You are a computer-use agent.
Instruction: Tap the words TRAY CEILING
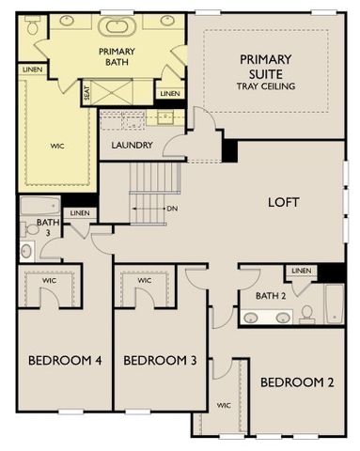pyautogui.click(x=265, y=86)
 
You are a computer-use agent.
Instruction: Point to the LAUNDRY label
pyautogui.click(x=132, y=145)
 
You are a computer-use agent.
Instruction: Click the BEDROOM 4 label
pyautogui.click(x=64, y=360)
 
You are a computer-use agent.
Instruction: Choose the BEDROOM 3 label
pyautogui.click(x=159, y=360)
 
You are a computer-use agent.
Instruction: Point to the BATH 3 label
pyautogui.click(x=43, y=227)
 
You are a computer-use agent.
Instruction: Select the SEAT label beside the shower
pyautogui.click(x=87, y=93)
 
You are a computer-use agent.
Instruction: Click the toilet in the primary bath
pyautogui.click(x=34, y=28)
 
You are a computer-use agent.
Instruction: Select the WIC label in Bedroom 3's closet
pyautogui.click(x=144, y=280)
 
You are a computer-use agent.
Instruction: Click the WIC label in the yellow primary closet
pyautogui.click(x=56, y=146)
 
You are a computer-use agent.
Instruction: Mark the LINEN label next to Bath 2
pyautogui.click(x=301, y=271)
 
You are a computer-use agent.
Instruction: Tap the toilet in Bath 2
pyautogui.click(x=305, y=313)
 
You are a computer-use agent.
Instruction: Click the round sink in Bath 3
pyautogui.click(x=25, y=250)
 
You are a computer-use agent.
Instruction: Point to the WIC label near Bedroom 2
pyautogui.click(x=224, y=406)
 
